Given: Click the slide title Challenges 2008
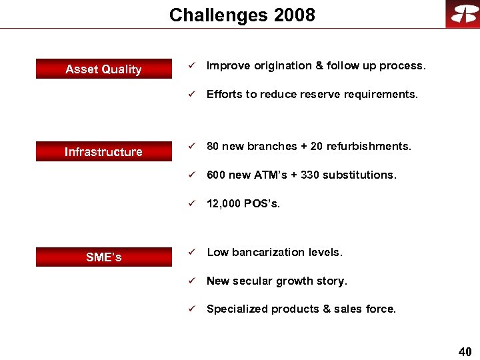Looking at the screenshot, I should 242,15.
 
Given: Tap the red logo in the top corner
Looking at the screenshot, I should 463,14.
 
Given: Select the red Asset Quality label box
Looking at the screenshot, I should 103,69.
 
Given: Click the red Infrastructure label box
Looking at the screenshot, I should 103,152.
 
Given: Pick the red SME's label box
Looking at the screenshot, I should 103,257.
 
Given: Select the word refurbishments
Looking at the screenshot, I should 369,146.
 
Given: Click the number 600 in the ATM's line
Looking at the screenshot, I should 216,175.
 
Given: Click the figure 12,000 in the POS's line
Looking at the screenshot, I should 223,203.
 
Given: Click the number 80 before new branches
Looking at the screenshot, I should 213,146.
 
